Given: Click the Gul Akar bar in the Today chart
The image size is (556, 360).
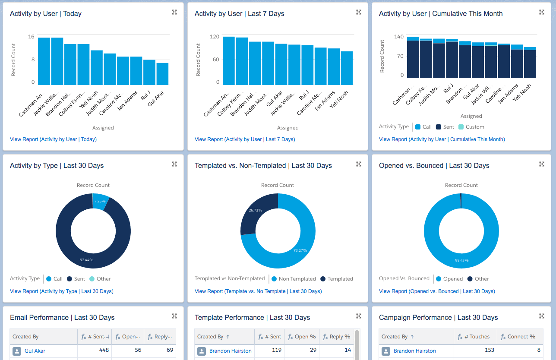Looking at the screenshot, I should tap(162, 74).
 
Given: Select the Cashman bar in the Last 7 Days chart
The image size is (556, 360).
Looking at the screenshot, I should tap(229, 61).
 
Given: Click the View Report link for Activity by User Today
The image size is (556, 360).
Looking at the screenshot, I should tap(53, 139).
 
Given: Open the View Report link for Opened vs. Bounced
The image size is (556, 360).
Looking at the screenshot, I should tap(437, 291).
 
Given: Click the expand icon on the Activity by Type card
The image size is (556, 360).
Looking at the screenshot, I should tap(174, 164).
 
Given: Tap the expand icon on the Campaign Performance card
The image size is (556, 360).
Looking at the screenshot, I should tap(542, 316).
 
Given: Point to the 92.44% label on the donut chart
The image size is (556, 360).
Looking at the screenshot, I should tap(86, 260).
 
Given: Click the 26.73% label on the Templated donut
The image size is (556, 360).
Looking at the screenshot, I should tap(256, 210).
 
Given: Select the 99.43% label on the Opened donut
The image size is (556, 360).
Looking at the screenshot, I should tap(461, 260).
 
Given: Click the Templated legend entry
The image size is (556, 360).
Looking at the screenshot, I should tap(340, 279).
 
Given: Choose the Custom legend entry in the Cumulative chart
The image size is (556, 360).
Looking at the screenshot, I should tap(474, 127).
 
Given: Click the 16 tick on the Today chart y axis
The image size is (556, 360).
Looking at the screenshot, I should tap(31, 37).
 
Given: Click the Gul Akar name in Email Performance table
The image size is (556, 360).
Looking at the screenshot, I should tap(35, 351).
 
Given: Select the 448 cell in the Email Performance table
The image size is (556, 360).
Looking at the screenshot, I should tap(104, 350).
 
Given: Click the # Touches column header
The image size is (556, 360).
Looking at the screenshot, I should tap(479, 337).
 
